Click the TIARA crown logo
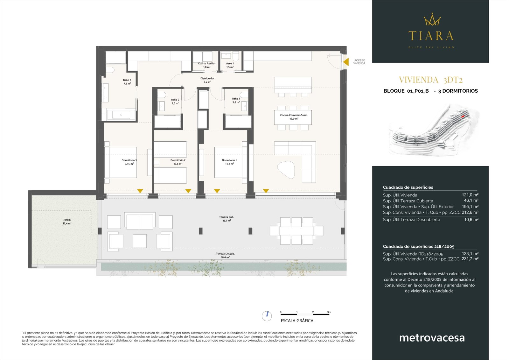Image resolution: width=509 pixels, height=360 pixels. click(432, 20)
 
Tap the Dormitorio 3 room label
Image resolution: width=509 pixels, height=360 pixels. click(129, 162)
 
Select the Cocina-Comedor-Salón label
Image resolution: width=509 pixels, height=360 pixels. click(293, 117)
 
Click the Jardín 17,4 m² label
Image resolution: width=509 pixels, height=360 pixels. click(67, 222)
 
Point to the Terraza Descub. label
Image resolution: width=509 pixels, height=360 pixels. click(225, 255)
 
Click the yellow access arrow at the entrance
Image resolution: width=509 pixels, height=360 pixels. click(346, 62)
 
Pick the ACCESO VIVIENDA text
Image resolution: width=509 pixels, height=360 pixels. click(359, 62)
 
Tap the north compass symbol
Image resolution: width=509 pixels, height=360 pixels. click(267, 316)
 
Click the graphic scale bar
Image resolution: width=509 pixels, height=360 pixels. click(305, 314)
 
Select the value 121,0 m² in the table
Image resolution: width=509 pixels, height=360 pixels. click(470, 195)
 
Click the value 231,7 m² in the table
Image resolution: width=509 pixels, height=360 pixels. click(470, 259)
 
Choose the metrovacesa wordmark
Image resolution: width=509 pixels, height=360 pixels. click(432, 338)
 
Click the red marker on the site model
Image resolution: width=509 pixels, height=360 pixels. click(463, 116)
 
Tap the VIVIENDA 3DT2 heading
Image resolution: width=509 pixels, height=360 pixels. click(430, 80)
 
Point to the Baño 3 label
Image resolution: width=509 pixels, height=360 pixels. click(127, 82)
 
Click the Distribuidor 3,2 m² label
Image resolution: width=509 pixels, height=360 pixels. click(207, 80)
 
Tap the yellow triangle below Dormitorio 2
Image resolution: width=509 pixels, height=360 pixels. click(188, 191)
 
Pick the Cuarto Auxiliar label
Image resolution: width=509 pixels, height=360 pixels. click(206, 65)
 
